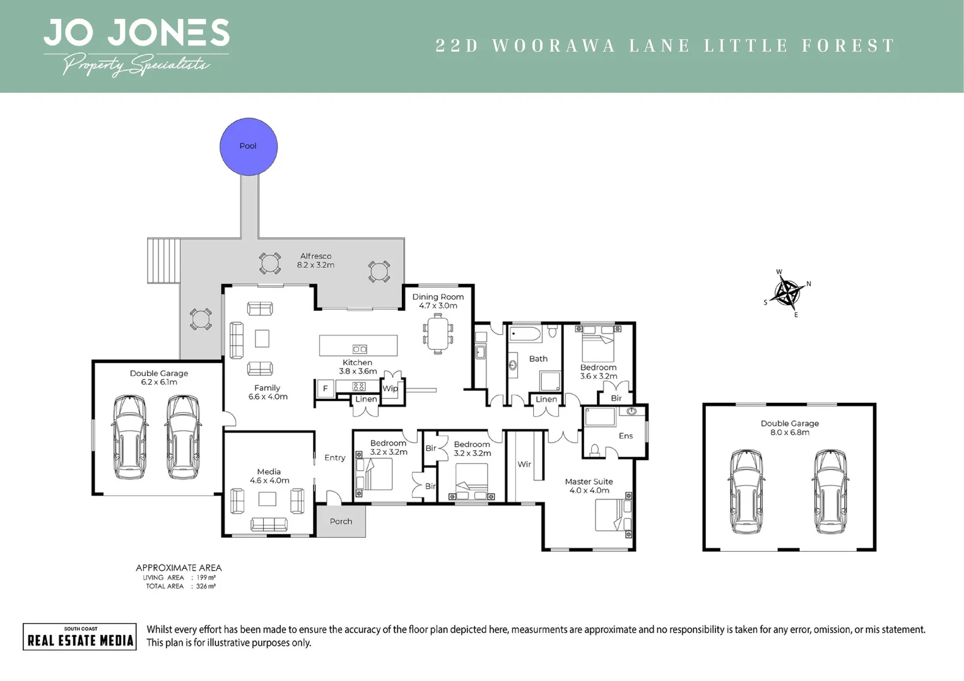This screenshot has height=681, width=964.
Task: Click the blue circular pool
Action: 248,146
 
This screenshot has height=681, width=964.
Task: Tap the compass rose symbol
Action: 787,293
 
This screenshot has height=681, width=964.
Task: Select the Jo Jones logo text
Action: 136,33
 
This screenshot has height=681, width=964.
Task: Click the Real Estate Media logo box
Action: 79,636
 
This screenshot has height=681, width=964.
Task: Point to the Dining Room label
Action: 438,297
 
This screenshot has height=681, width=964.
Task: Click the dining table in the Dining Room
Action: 437,333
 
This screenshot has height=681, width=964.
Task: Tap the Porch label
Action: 341,521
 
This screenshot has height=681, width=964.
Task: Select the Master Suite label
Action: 589,482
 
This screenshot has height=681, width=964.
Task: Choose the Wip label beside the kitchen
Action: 390,388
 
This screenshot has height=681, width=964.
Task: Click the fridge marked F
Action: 325,388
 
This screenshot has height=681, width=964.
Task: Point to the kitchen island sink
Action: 360,349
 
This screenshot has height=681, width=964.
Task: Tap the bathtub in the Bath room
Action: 525,333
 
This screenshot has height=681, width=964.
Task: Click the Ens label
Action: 625,436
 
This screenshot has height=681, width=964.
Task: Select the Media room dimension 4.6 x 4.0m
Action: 269,480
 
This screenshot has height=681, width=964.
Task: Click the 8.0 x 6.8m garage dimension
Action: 789,433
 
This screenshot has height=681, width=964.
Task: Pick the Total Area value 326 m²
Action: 206,586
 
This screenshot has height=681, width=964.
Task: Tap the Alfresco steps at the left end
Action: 163,261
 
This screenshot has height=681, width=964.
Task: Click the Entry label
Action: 334,458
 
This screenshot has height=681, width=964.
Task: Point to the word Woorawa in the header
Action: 553,46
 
